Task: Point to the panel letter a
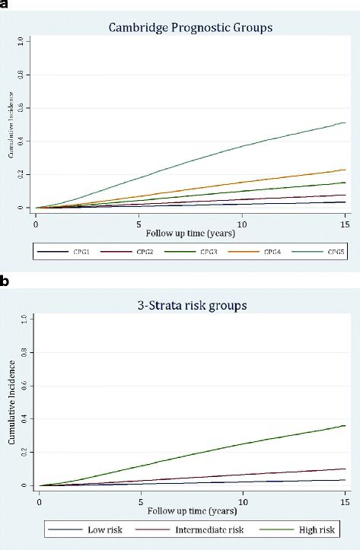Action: [5, 5]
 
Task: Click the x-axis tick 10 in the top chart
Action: [241, 226]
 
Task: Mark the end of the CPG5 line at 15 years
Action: [345, 122]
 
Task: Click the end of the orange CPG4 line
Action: [345, 170]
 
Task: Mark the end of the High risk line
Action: [345, 425]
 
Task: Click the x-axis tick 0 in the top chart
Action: [36, 226]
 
